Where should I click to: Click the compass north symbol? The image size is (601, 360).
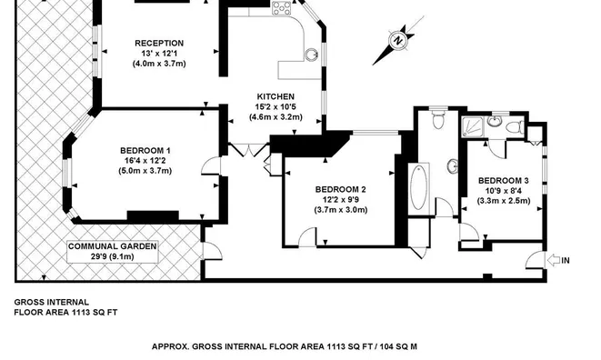[x=396, y=40]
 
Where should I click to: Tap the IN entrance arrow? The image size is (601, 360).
[x=556, y=261]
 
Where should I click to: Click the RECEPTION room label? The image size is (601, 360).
[x=159, y=43]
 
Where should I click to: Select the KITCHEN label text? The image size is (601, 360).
[x=274, y=96]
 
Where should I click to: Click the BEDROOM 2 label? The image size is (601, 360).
[x=341, y=189]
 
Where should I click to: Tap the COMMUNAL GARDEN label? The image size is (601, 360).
[x=114, y=246]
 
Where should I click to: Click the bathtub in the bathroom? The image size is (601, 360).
[x=419, y=187]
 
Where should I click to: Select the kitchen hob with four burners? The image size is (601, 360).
[x=281, y=10]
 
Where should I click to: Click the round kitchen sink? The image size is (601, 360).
[x=311, y=55]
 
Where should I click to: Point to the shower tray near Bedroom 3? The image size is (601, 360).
[x=475, y=126]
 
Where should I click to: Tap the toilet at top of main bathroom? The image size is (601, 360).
[x=437, y=117]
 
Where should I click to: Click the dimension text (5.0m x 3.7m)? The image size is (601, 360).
[x=145, y=172]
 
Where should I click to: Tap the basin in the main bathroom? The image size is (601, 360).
[x=452, y=165]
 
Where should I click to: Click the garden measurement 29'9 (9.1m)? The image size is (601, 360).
[x=114, y=257]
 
